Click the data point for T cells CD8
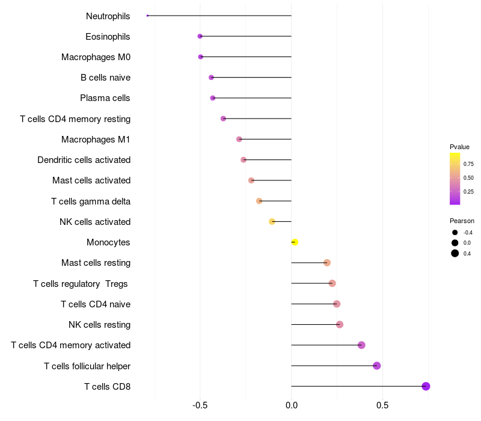426,386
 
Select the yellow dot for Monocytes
295,242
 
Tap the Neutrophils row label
108,16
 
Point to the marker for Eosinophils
200,37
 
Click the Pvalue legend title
459,147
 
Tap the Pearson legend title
462,221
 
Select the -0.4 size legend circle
455,233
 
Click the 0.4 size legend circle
455,253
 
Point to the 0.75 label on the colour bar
468,164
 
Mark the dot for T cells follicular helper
377,366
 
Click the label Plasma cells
105,98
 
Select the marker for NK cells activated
272,221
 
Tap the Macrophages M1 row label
96,140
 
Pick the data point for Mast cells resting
327,263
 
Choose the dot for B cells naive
211,78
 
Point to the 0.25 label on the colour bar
468,191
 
